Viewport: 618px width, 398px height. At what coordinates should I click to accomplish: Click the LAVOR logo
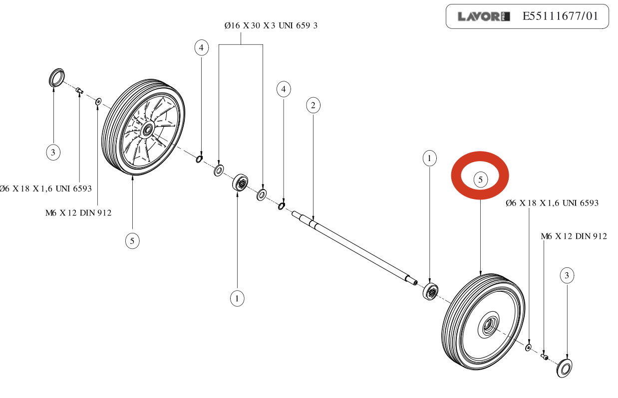point(483,16)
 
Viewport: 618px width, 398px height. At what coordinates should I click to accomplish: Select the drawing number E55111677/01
point(560,16)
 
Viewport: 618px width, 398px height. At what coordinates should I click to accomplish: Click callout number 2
point(313,105)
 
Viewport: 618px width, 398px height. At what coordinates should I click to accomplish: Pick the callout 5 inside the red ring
point(480,180)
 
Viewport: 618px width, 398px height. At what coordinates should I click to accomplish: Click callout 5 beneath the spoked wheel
point(132,241)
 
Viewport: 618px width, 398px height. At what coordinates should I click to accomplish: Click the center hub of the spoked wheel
point(148,131)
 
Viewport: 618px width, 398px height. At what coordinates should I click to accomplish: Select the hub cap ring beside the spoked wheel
point(57,78)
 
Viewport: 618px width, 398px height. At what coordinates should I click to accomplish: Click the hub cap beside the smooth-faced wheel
point(565,368)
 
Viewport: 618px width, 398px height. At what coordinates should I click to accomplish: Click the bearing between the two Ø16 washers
point(241,183)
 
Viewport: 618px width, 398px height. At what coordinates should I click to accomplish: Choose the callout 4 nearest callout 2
point(284,90)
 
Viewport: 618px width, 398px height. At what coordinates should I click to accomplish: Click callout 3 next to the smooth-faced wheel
point(567,275)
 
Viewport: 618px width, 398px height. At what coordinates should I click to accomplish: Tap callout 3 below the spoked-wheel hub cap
point(53,152)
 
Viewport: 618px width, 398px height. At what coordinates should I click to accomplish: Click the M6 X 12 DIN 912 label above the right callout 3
point(574,236)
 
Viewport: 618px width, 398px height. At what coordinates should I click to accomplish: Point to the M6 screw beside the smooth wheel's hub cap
point(545,356)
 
